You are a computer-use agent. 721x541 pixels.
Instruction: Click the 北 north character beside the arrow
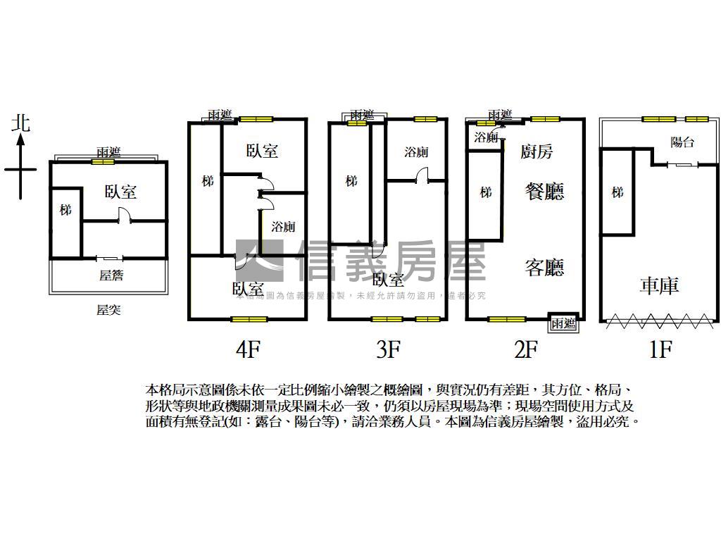click(x=21, y=123)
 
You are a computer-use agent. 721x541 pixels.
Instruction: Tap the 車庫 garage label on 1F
click(x=659, y=285)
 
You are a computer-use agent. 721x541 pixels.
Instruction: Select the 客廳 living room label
click(x=545, y=267)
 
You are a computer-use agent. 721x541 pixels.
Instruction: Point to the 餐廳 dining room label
click(x=545, y=191)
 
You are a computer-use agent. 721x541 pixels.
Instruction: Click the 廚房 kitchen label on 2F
click(x=537, y=150)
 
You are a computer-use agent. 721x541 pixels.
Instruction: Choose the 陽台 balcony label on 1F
click(x=682, y=142)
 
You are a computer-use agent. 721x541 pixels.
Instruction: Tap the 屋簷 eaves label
click(x=111, y=275)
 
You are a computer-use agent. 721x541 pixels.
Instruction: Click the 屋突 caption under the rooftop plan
click(x=108, y=309)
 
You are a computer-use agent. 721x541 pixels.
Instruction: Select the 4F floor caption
click(x=248, y=349)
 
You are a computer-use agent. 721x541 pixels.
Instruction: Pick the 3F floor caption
click(x=388, y=349)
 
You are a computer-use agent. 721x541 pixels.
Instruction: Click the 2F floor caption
click(x=525, y=349)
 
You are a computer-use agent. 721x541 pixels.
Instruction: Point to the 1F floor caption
click(x=660, y=349)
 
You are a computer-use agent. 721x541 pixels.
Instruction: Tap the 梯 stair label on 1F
click(x=617, y=192)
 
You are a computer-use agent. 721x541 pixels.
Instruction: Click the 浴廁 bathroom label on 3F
click(x=416, y=152)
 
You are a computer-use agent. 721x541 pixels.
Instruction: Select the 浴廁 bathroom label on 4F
click(x=283, y=227)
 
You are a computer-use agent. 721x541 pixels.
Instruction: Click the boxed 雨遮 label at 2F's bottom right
click(x=563, y=323)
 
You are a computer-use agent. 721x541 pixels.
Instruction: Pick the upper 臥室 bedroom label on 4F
click(x=262, y=150)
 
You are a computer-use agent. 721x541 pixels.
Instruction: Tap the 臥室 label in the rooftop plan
click(x=120, y=191)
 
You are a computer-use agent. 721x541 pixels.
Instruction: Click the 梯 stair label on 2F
click(x=485, y=192)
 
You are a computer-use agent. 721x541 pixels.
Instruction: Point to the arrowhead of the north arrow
click(x=21, y=139)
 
